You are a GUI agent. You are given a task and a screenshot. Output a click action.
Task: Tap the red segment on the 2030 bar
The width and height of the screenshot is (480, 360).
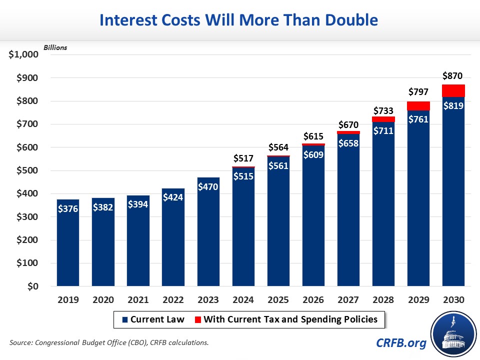pos(453,91)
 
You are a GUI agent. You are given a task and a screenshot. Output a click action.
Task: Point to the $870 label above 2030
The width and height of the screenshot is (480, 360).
pos(453,76)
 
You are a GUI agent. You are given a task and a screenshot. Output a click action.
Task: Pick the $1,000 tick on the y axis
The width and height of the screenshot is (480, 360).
pos(23,54)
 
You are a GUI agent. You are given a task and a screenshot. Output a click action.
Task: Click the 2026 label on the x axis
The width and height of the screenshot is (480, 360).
pos(313,300)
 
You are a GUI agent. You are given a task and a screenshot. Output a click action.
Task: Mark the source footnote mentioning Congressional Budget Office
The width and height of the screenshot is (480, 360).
pos(108,342)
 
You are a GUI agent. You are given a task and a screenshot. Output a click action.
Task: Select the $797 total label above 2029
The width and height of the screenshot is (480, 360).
pos(418,92)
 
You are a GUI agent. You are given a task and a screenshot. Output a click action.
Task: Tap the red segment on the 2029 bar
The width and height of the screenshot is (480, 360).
pos(418,106)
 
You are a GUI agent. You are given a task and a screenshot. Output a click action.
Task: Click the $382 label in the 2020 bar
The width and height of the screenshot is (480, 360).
pos(103,207)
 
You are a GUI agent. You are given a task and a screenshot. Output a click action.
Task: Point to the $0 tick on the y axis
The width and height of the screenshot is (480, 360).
pos(32,286)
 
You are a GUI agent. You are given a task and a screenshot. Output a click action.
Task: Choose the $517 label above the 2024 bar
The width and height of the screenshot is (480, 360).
pos(243,158)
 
